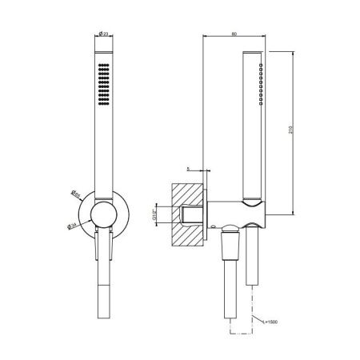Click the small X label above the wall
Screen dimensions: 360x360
pos(186,169)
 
